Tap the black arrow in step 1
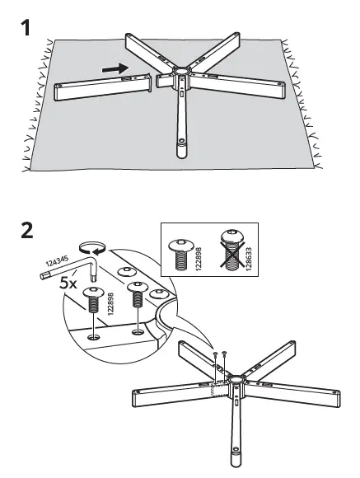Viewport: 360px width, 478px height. pos(116,69)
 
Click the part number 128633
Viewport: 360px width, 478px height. pos(248,251)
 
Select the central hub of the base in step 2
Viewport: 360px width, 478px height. pos(233,382)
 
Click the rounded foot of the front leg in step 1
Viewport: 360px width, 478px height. pos(179,151)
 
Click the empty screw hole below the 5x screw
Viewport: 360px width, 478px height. pos(96,337)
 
